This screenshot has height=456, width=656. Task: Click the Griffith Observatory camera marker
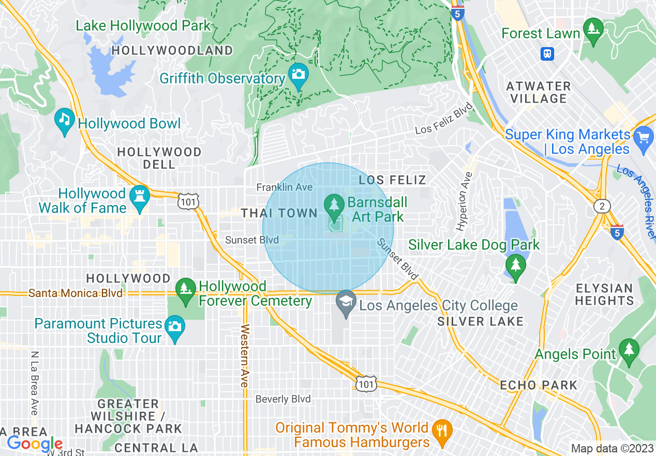(298, 74)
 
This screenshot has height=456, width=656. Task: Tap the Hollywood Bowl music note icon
(64, 119)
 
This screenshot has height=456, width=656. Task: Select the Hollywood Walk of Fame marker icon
(140, 196)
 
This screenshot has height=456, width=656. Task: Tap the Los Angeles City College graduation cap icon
(346, 301)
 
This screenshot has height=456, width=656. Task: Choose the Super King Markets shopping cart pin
(644, 138)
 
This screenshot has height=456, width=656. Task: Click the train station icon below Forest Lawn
(547, 53)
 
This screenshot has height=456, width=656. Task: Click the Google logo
(34, 444)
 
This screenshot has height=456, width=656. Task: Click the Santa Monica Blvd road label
(76, 293)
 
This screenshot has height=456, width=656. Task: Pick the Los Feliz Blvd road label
(444, 119)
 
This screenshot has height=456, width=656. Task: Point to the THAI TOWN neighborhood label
(279, 213)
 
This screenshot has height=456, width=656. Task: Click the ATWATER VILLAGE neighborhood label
(538, 92)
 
